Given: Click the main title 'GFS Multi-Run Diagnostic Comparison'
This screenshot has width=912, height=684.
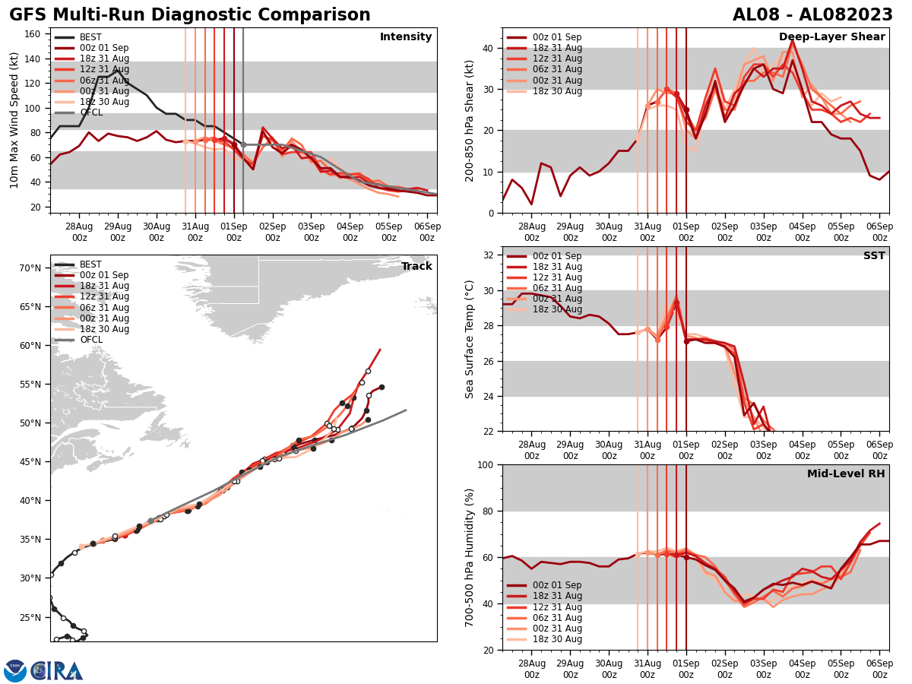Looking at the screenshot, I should pyautogui.click(x=190, y=15).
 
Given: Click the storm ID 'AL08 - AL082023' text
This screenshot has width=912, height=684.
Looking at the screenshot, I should pyautogui.click(x=812, y=15).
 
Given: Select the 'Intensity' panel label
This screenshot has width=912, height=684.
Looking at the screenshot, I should pyautogui.click(x=406, y=37).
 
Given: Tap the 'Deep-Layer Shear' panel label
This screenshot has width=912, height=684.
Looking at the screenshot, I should pyautogui.click(x=831, y=37).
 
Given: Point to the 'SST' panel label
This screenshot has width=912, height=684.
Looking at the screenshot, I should pyautogui.click(x=874, y=256).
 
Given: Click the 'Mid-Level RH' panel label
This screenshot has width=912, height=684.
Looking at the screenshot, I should pyautogui.click(x=846, y=474).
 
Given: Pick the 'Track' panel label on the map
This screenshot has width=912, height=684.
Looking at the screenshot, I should pyautogui.click(x=416, y=267).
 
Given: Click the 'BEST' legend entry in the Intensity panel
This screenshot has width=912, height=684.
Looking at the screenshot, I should pyautogui.click(x=90, y=37).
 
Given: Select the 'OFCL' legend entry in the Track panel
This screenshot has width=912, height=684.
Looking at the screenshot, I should pyautogui.click(x=91, y=340).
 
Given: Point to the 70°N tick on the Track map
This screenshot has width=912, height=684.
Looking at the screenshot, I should pyautogui.click(x=30, y=268).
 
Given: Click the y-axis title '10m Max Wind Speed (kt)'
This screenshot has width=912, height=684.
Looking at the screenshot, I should pyautogui.click(x=14, y=120).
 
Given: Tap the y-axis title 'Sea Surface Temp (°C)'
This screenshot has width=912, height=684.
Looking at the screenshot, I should pyautogui.click(x=470, y=339).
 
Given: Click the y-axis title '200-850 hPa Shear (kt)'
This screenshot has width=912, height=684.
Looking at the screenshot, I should pyautogui.click(x=470, y=120).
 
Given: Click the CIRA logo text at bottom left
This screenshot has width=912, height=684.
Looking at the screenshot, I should pyautogui.click(x=57, y=670).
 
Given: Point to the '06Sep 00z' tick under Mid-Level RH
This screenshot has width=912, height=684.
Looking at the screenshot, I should pyautogui.click(x=879, y=670).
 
